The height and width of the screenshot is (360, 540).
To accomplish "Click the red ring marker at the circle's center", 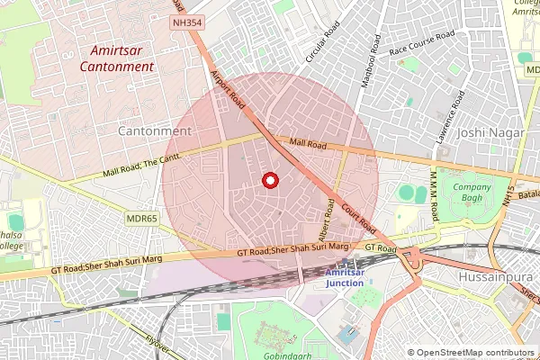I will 269,180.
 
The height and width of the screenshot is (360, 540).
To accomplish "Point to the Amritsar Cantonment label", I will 116,58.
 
